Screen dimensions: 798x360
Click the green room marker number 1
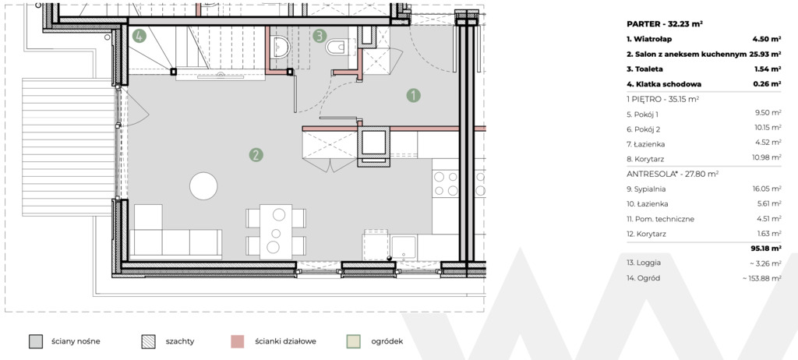tap(413, 95)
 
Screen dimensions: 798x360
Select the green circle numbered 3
tap(320, 36)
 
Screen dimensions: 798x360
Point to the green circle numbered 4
tap(139, 36)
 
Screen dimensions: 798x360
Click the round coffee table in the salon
tap(203, 186)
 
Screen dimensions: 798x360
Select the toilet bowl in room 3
tap(336, 47)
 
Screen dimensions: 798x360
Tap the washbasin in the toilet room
tap(281, 48)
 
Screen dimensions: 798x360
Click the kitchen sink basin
tap(404, 248)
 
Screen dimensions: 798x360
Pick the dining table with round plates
tap(276, 231)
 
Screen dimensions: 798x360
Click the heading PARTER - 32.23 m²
tap(665, 24)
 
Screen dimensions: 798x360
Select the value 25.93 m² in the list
tap(765, 54)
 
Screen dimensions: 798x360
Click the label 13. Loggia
tap(644, 263)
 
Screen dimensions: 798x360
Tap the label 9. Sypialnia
tap(646, 189)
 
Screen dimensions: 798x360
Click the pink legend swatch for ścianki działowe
tap(237, 341)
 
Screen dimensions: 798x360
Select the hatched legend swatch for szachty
tap(148, 341)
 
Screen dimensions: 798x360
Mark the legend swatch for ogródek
tap(353, 341)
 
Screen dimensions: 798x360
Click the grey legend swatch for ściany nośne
tap(36, 341)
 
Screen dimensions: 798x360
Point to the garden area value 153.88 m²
tap(764, 278)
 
